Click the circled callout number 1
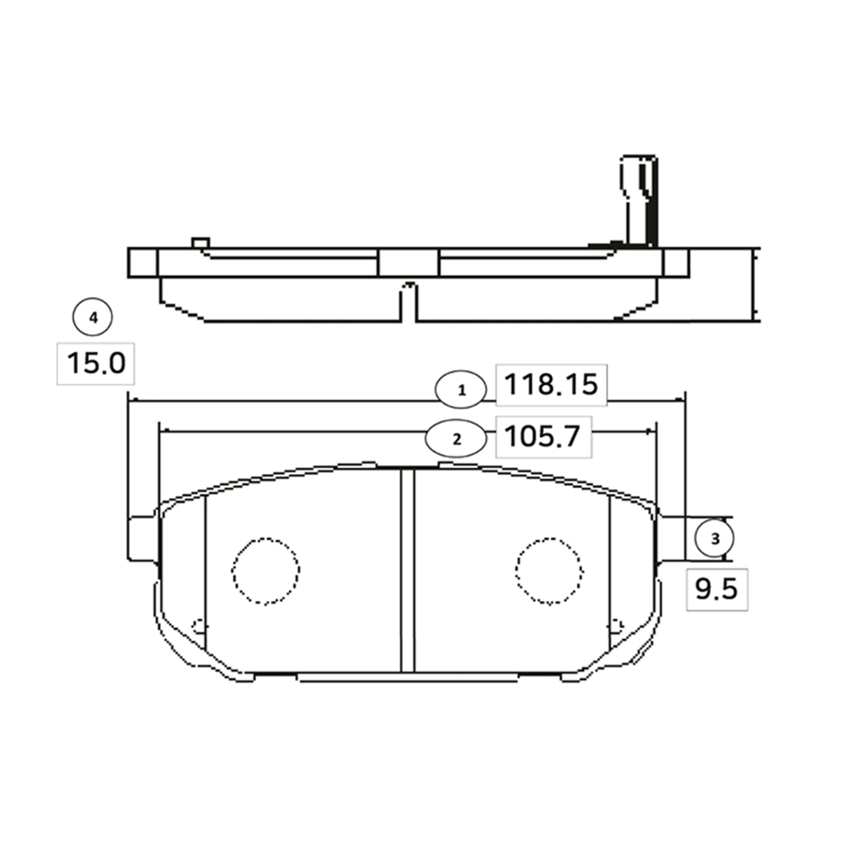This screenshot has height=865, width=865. [461, 390]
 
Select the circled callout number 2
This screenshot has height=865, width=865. [456, 439]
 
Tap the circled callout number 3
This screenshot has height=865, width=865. [714, 538]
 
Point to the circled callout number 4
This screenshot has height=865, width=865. [93, 317]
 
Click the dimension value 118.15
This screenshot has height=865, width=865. [551, 385]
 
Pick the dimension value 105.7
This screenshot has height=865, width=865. [543, 437]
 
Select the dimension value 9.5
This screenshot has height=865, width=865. [716, 590]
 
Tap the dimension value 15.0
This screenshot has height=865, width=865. [96, 363]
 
